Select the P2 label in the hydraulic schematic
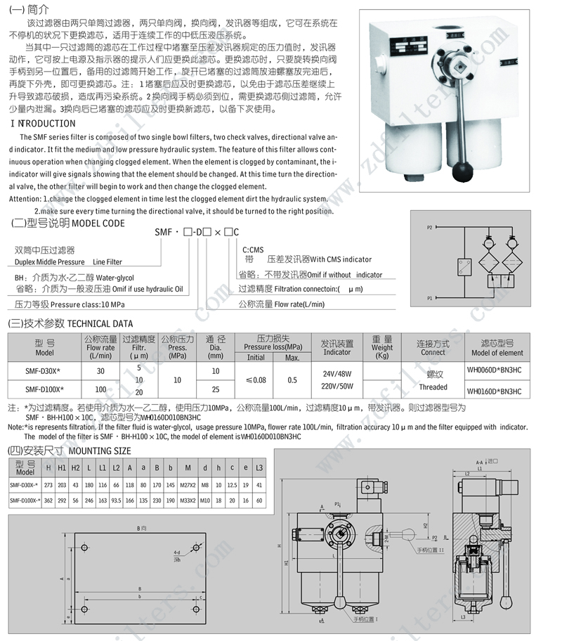[430, 228]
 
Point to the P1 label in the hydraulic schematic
[430, 298]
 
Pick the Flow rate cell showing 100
[101, 389]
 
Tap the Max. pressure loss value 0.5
[292, 380]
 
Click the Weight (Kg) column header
[382, 347]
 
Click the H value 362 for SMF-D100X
[48, 500]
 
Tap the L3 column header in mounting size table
[259, 468]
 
